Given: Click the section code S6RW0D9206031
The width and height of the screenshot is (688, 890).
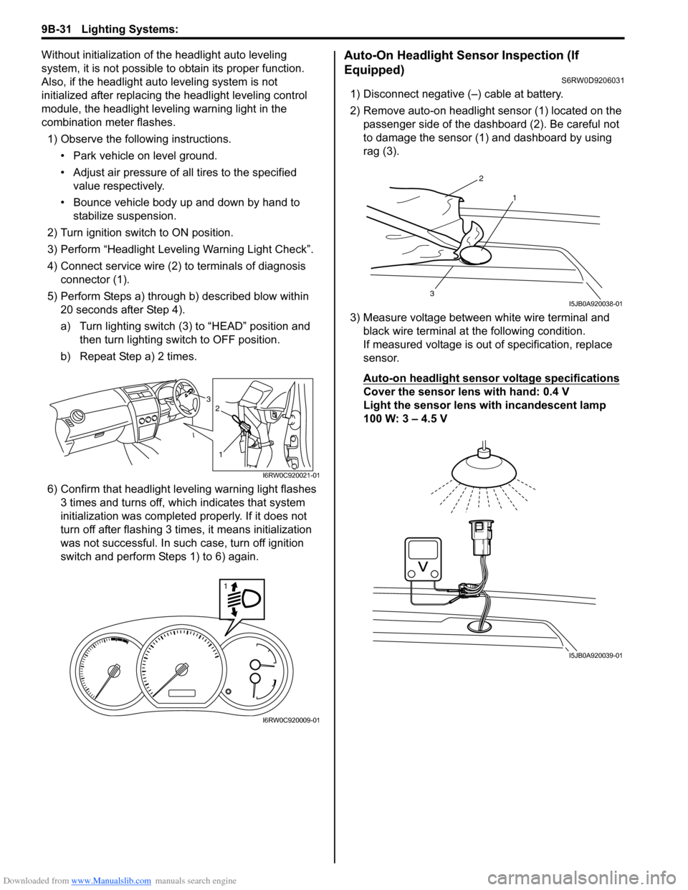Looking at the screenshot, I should click(588, 80).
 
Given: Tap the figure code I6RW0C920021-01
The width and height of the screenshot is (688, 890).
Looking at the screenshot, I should click(290, 475).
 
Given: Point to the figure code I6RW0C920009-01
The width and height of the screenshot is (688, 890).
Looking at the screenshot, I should click(291, 720).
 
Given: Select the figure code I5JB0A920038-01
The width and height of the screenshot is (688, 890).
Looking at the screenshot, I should click(590, 303).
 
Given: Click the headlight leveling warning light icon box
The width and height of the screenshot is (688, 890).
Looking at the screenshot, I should click(242, 599).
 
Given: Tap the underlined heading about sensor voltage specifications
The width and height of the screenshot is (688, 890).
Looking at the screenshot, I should click(491, 378).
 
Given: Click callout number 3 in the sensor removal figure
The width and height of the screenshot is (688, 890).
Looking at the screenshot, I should click(432, 294).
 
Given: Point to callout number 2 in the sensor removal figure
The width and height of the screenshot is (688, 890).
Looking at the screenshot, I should click(481, 178).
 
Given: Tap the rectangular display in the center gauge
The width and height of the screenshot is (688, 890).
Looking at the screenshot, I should click(183, 693).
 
